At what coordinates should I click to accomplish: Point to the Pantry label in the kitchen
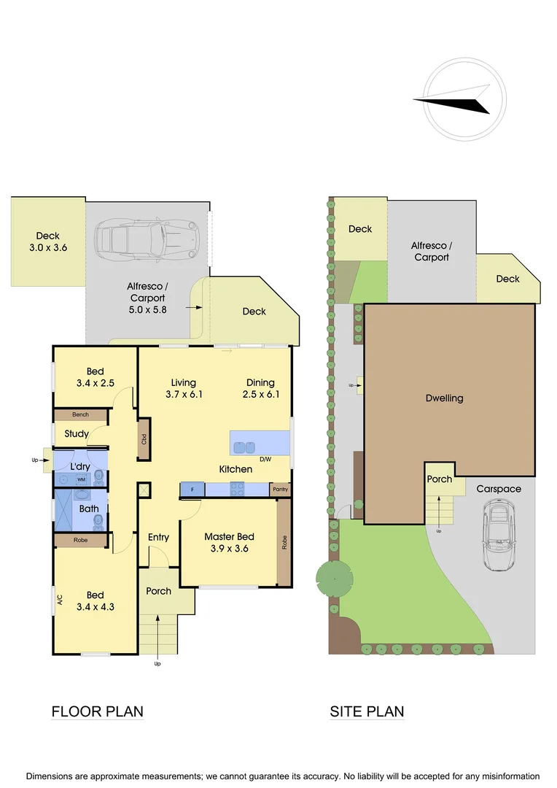click(x=280, y=490)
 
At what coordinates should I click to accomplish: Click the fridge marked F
click(x=192, y=490)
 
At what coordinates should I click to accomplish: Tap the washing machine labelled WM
click(x=82, y=479)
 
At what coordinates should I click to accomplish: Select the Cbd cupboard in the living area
click(x=144, y=439)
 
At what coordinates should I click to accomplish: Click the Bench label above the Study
click(x=80, y=414)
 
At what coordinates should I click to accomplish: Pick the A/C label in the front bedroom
click(x=61, y=600)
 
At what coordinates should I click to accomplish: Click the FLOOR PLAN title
click(x=97, y=711)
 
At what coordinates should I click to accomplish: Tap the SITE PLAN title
click(x=367, y=711)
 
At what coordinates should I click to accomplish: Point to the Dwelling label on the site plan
click(x=444, y=398)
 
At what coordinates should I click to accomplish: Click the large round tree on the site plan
click(x=334, y=580)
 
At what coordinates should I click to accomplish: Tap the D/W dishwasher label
click(x=265, y=459)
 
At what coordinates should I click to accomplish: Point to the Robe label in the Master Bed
click(x=284, y=543)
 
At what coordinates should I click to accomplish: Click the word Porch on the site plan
click(x=440, y=479)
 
